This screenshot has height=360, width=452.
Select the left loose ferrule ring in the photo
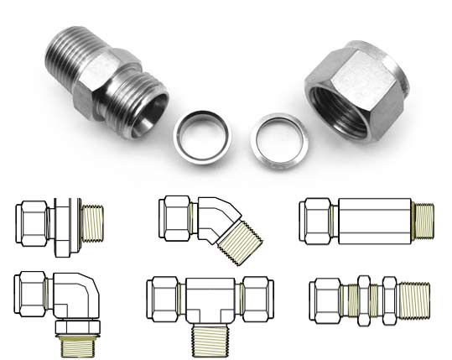(x=200, y=133)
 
